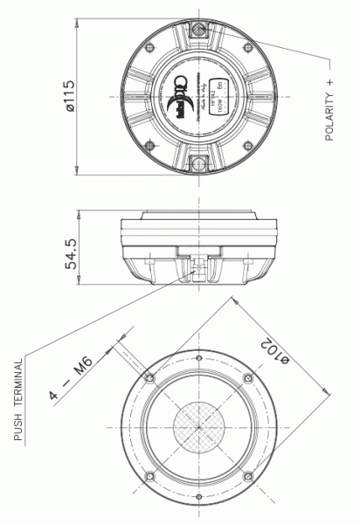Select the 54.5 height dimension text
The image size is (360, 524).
pyautogui.click(x=73, y=251)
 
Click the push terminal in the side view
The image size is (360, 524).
pyautogui.click(x=200, y=267)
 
